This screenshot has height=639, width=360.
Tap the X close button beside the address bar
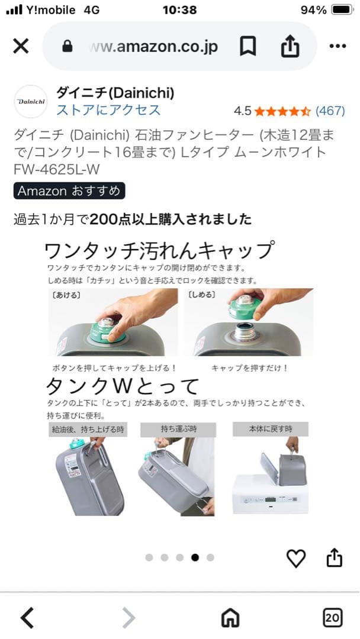[x=21, y=46]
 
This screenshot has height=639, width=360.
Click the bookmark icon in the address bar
[x=247, y=46]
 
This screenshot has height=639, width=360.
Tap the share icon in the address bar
[x=290, y=46]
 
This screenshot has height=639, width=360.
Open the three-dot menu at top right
[x=337, y=46]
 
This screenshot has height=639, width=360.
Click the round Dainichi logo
[x=31, y=102]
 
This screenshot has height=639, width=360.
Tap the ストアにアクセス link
[x=108, y=110]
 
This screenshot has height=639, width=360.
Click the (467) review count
[x=330, y=111]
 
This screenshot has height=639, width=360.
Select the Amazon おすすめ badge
[x=69, y=191]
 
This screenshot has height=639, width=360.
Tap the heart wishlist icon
[x=295, y=557]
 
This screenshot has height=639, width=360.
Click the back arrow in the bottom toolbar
[x=27, y=618]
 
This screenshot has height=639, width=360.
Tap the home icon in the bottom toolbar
[x=230, y=618]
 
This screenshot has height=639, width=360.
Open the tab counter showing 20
[x=332, y=618]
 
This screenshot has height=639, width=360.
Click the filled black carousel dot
[x=195, y=557]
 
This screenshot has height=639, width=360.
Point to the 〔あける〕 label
[x=66, y=295]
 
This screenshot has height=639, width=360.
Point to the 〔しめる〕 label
[x=202, y=295]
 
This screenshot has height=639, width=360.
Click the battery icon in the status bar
[x=342, y=10]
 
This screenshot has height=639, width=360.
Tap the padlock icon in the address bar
[x=67, y=47]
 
